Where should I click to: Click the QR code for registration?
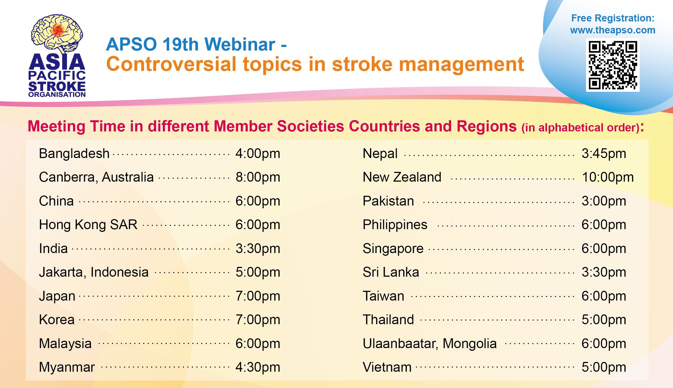pos(613,65)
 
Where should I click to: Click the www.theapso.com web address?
pos(613,30)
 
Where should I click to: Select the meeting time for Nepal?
pos(604,154)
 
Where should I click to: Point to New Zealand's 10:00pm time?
pos(608,177)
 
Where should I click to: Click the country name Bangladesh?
pos(74,154)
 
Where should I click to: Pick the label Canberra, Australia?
pos(96,177)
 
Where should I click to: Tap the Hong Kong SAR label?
pos(88,225)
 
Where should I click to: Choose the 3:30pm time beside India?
pos(258,249)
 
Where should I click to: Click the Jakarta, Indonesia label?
pos(94,272)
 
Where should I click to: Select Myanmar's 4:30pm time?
pos(258,367)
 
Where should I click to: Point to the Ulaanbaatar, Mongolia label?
pos(430,344)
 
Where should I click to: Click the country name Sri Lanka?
pos(391,272)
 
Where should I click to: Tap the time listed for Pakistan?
pos(604,201)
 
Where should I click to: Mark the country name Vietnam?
pos(387,367)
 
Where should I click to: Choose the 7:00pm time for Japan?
pos(258,296)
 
